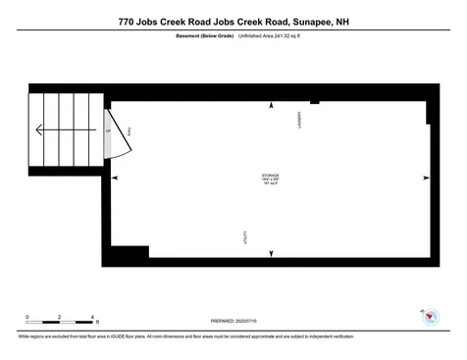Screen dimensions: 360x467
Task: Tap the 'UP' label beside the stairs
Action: pyautogui.click(x=107, y=129)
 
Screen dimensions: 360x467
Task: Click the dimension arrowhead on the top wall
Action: pyautogui.click(x=271, y=104)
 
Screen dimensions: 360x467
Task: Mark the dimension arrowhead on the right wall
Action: pyautogui.click(x=425, y=178)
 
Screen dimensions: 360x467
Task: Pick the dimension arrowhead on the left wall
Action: pyautogui.click(x=116, y=178)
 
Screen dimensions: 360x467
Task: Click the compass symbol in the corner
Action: pyautogui.click(x=428, y=316)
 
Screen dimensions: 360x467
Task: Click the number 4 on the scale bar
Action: pyautogui.click(x=92, y=316)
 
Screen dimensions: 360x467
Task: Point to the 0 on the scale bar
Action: pyautogui.click(x=27, y=316)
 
